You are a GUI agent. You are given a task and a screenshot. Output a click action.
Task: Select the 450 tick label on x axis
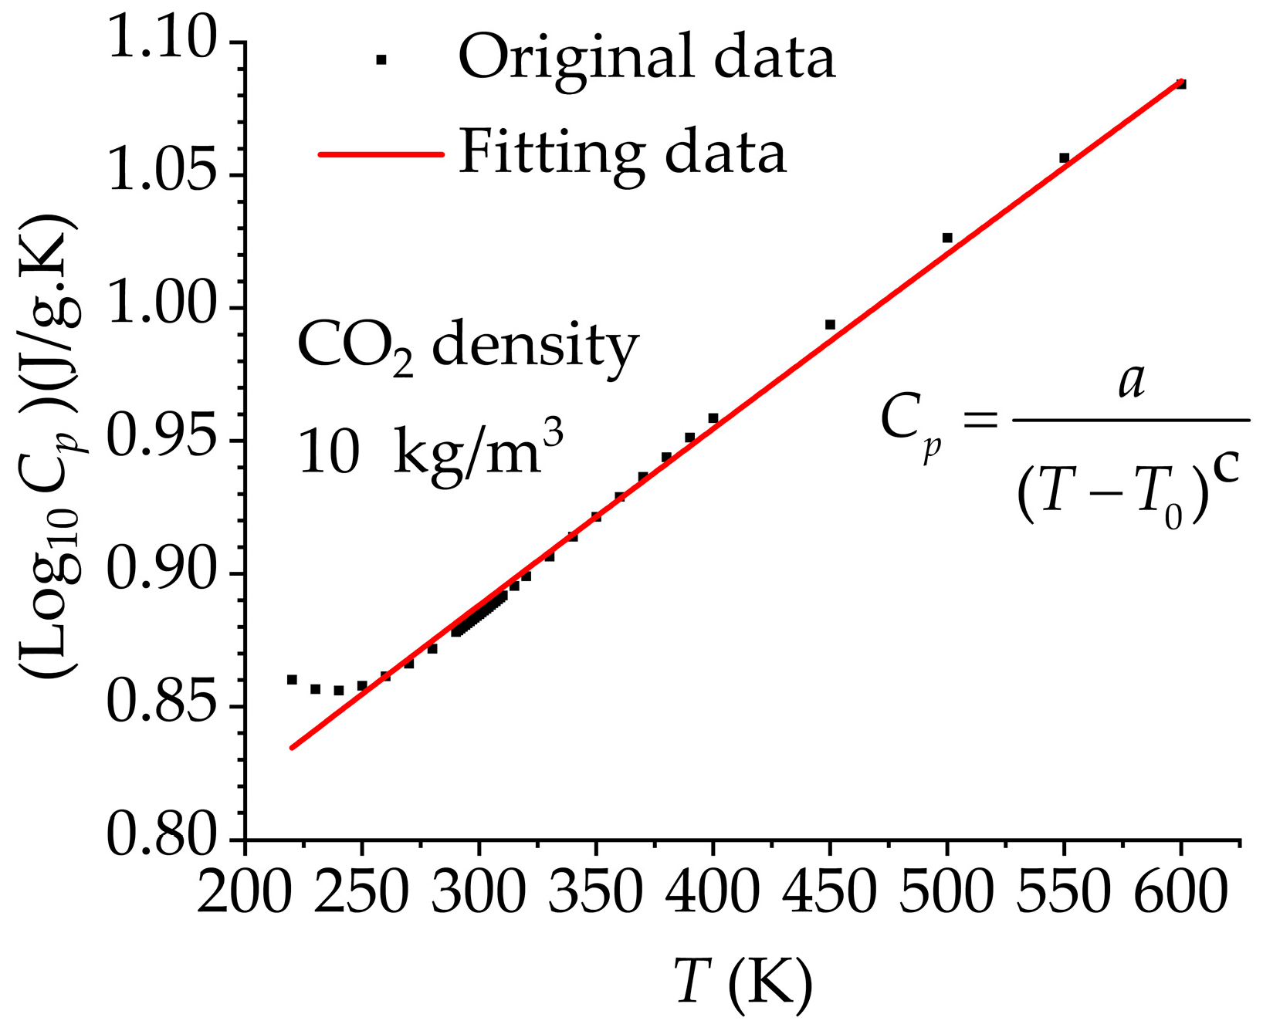pyautogui.click(x=829, y=892)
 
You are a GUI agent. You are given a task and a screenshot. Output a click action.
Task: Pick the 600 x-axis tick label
pyautogui.click(x=1180, y=892)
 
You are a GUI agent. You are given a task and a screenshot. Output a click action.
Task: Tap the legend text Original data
pyautogui.click(x=647, y=58)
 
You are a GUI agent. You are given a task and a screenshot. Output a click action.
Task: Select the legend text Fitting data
pyautogui.click(x=622, y=153)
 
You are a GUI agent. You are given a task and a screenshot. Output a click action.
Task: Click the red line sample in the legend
pyautogui.click(x=381, y=154)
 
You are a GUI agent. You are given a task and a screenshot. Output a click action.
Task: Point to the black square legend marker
pyautogui.click(x=381, y=59)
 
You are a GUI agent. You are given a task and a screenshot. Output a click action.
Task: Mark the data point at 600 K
pyautogui.click(x=1180, y=84)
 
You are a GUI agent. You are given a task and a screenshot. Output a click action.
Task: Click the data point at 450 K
pyautogui.click(x=830, y=324)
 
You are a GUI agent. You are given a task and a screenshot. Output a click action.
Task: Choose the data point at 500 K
pyautogui.click(x=947, y=238)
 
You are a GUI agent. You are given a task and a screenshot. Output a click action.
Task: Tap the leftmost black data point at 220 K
pyautogui.click(x=292, y=679)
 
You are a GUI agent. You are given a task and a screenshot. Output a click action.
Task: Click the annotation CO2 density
pyautogui.click(x=468, y=347)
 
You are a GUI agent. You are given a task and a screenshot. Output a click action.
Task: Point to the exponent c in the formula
pyautogui.click(x=1225, y=465)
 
